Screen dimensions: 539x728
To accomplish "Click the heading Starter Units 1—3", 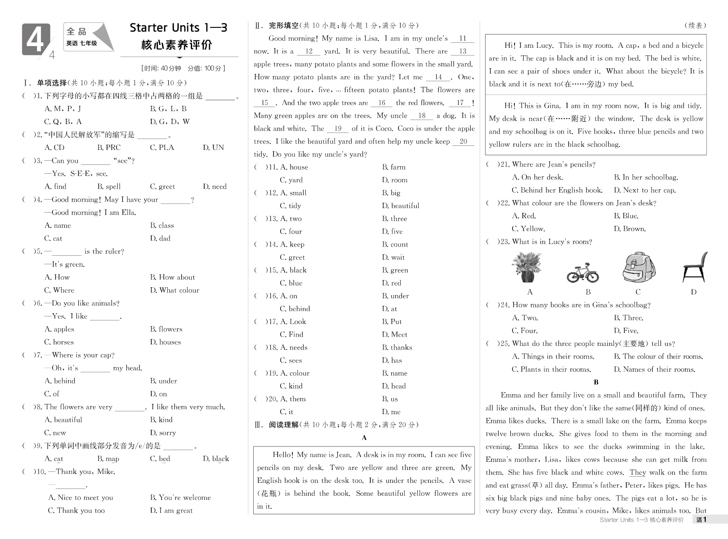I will point(178,27).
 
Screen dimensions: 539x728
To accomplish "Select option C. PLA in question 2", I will point(162,147).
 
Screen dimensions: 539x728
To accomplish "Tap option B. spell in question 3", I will point(109,186).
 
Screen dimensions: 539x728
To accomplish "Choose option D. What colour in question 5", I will point(174,290).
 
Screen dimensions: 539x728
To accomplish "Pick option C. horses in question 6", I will point(59,342).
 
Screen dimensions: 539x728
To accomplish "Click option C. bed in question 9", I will point(160,459).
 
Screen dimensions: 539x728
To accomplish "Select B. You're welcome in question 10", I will point(180,497).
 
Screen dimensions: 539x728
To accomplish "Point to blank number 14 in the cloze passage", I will point(438,77).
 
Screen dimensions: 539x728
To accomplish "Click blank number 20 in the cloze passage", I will point(463,141).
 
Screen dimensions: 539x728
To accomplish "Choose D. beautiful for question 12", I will point(400,206).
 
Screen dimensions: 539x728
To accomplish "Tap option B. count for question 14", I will point(395,244).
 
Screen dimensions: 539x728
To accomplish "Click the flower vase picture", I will point(527,267).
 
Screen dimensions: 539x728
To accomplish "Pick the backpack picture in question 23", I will point(639,267).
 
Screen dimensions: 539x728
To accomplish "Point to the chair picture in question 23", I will point(695,267).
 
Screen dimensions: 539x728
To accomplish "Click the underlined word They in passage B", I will point(638,472).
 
